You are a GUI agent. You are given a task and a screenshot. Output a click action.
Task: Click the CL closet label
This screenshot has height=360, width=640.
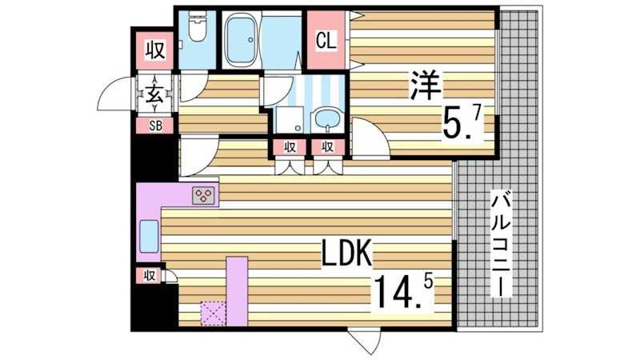(x=326, y=39)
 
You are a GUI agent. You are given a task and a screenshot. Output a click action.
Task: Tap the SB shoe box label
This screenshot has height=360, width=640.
(x=155, y=125)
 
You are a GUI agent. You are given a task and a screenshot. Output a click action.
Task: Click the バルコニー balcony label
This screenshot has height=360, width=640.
(x=502, y=244)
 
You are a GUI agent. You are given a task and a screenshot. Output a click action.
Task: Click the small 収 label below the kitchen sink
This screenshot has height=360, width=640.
(x=149, y=276)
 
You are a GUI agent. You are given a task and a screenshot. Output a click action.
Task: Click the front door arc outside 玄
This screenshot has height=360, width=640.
(x=116, y=94)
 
